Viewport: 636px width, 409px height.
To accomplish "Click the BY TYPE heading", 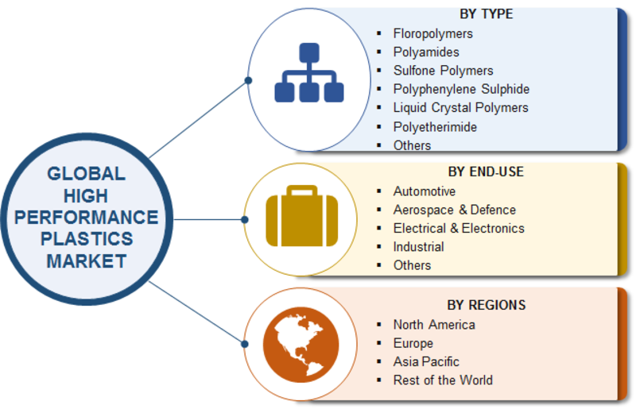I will coord(486,14).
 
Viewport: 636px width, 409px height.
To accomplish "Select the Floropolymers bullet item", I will coord(432,33).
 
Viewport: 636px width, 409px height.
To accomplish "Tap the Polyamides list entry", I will coord(425,52).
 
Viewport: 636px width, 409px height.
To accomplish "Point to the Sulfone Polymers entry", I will coord(443,71).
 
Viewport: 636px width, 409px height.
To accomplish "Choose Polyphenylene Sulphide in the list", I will coord(461,89).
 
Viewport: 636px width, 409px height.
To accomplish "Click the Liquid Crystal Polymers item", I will coord(460,107).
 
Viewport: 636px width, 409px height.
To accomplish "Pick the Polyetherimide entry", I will coord(435,126).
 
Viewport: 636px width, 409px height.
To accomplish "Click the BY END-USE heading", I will coord(486,172).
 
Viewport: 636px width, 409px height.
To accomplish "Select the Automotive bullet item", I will coord(425,191).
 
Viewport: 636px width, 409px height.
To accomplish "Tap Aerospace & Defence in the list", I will coord(454,210).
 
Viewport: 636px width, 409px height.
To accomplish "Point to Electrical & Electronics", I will coord(459,228).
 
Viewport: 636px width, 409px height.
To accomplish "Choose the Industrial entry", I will coord(418,247).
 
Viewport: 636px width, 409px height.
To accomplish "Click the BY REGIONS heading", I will coord(486,305).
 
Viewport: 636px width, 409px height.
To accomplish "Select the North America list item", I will coord(434,324).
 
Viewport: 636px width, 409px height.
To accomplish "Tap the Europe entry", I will coord(413,343).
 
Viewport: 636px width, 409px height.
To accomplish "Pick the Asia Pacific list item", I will coord(426,361).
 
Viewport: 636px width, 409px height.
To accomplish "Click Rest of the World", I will coord(443,380).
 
